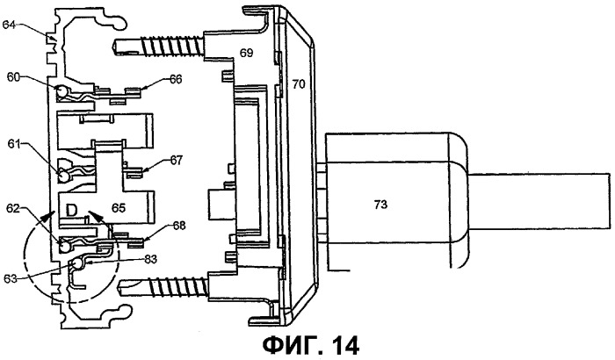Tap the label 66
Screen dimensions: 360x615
[x=176, y=81]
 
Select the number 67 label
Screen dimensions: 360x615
[x=176, y=160]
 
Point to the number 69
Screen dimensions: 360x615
[x=247, y=54]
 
